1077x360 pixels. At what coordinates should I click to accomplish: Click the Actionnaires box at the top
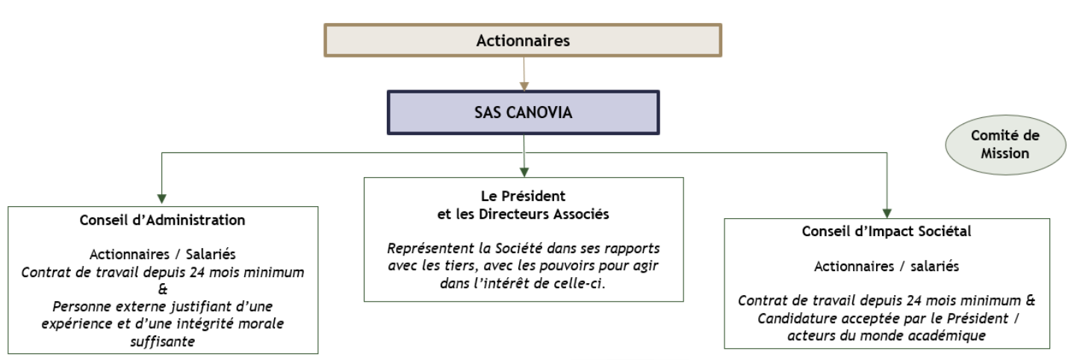click(523, 40)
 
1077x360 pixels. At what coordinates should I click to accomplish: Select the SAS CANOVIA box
click(523, 113)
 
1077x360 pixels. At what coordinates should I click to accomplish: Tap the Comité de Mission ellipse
click(1005, 145)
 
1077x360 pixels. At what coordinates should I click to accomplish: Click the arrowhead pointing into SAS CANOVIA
click(524, 86)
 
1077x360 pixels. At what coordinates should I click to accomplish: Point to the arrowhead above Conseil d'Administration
click(162, 199)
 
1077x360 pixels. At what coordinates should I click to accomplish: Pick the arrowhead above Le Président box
click(524, 172)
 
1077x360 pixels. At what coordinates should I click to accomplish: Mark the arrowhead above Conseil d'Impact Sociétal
click(887, 213)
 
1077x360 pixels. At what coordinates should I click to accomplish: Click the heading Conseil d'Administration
click(163, 220)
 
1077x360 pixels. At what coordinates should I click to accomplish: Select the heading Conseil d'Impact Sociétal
click(887, 232)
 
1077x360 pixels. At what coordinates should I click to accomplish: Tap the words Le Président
click(523, 196)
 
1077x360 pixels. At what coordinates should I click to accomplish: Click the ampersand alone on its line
click(163, 289)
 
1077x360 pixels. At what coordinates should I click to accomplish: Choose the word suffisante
click(163, 342)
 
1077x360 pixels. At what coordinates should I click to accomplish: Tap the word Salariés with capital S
click(211, 254)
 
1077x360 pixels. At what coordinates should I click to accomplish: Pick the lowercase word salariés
click(934, 267)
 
